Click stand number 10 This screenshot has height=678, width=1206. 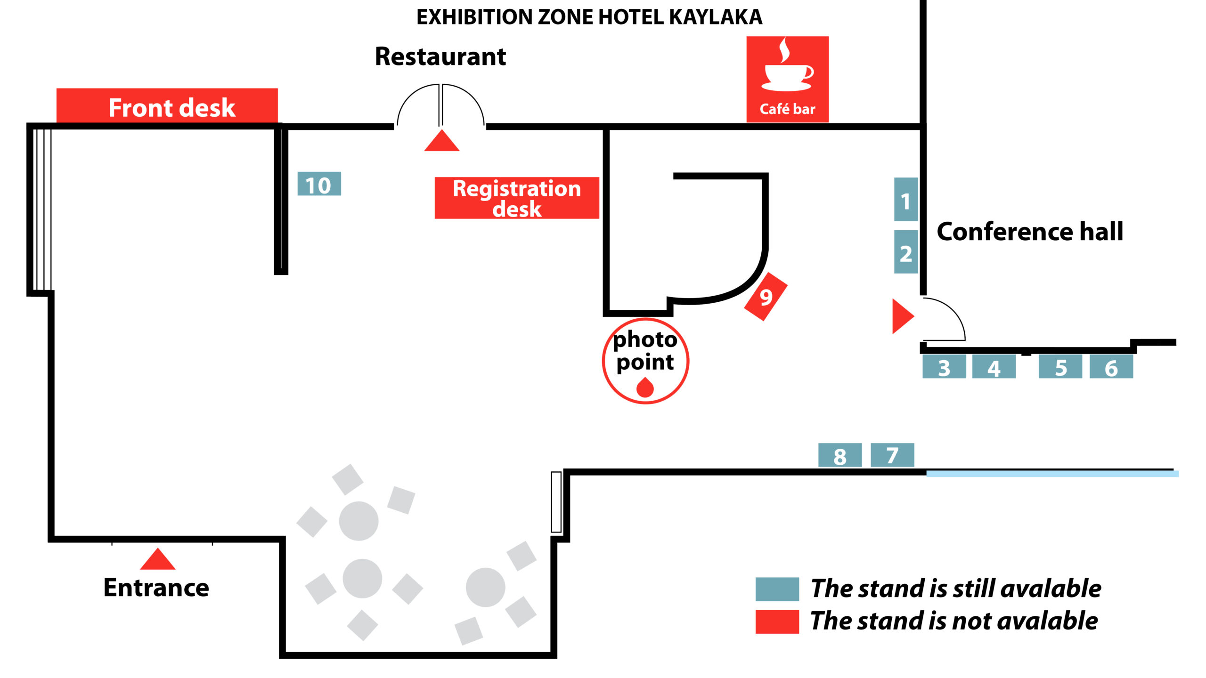(x=319, y=184)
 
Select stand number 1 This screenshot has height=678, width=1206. (x=905, y=200)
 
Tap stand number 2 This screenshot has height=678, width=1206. (x=905, y=252)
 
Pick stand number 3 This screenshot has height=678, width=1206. (x=944, y=367)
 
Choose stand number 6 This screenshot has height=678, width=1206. (x=1111, y=367)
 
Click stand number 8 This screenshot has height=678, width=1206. (x=839, y=455)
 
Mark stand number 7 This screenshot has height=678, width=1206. (x=892, y=455)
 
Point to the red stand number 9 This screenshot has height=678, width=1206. (x=766, y=297)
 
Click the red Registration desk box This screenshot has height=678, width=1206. (x=516, y=198)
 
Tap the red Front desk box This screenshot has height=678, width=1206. (x=167, y=106)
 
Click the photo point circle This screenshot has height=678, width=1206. (x=645, y=361)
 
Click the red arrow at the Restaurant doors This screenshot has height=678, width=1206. (x=441, y=141)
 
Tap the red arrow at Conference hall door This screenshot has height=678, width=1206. (x=902, y=316)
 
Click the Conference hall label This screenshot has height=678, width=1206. (x=1029, y=232)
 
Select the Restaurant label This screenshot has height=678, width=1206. (x=440, y=56)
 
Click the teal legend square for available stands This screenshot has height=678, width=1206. (x=777, y=589)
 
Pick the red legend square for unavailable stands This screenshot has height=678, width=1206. (x=777, y=621)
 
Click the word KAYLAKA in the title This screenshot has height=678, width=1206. (x=715, y=17)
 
